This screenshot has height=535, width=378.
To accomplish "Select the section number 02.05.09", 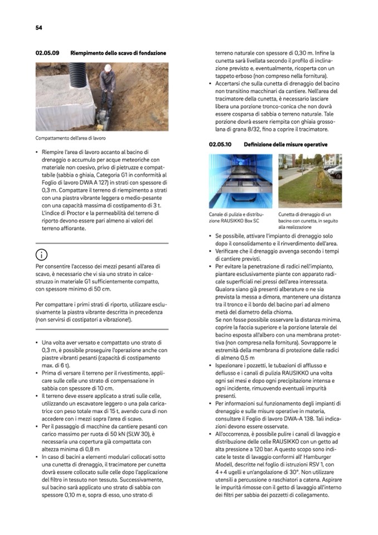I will (x=47, y=53).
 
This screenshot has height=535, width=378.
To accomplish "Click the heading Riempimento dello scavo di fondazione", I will (x=118, y=53).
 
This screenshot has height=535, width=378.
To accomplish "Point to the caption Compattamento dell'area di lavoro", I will (x=71, y=138).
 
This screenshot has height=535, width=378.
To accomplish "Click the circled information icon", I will (x=41, y=256).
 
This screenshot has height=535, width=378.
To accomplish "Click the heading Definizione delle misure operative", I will (x=285, y=144).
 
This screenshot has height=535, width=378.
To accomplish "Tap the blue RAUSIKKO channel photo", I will (x=241, y=181).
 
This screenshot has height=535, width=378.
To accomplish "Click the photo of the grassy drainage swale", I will (x=310, y=181).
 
